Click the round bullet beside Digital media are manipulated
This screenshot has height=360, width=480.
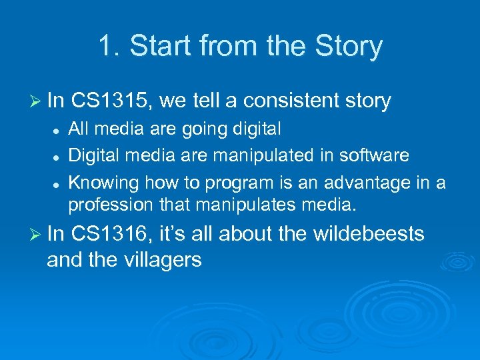coord(59,156)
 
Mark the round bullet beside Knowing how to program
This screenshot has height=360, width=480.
coord(59,183)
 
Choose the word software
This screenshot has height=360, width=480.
coord(377,155)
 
